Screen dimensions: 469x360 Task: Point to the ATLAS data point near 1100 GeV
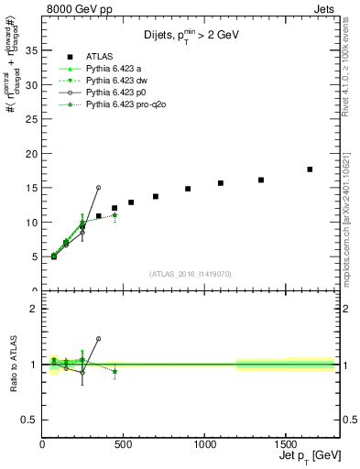[221, 183]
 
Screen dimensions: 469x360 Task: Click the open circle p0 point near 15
[98, 188]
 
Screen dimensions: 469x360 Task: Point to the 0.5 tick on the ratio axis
[30, 420]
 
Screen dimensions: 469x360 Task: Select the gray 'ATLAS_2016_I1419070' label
[189, 274]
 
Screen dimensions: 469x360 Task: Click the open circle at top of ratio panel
[98, 339]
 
